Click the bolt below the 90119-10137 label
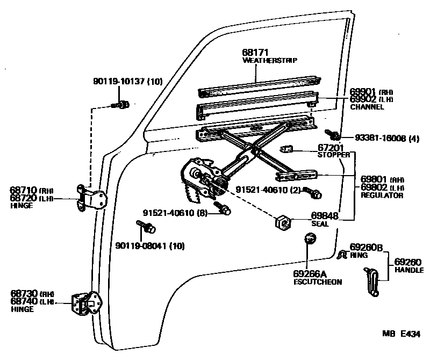121,104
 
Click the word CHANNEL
367,107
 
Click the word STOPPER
333,155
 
